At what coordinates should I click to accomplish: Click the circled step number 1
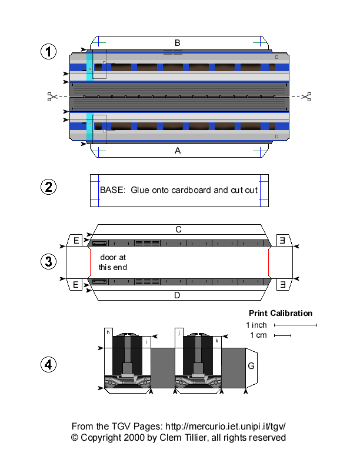tap(48, 52)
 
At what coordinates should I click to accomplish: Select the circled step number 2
tap(48, 188)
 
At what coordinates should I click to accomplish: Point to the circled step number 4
tap(48, 365)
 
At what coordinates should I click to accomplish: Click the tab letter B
tap(177, 42)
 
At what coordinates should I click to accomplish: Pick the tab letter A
tap(177, 151)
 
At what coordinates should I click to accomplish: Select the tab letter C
tap(177, 229)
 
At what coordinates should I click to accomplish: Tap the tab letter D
tap(177, 295)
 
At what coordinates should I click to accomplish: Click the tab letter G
tap(251, 366)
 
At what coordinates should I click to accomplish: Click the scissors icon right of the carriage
tap(306, 96)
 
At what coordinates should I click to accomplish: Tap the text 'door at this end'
tap(112, 262)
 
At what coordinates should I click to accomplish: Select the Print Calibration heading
tap(280, 313)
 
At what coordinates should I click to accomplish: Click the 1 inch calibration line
tap(295, 325)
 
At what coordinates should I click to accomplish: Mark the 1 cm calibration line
tap(282, 336)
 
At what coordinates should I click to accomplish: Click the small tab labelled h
tap(108, 332)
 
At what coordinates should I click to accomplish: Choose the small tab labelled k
tap(217, 341)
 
